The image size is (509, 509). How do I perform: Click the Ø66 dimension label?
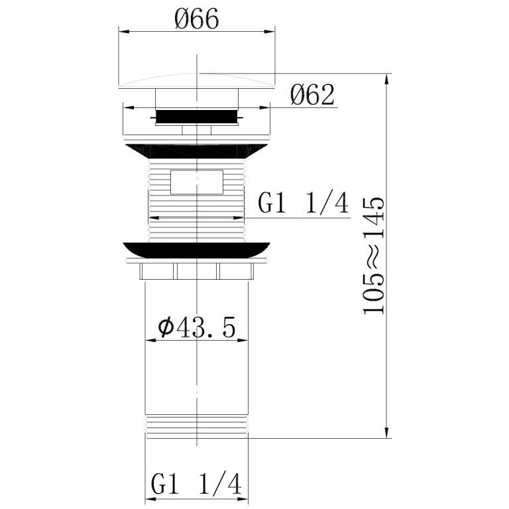[x=197, y=19]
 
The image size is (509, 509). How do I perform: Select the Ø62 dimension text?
[x=312, y=95]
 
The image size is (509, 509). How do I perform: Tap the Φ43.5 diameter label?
[x=197, y=328]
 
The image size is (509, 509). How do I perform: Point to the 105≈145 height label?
[x=374, y=256]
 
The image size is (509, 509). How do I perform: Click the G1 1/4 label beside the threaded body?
[x=303, y=203]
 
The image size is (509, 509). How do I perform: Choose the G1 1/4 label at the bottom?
[x=196, y=484]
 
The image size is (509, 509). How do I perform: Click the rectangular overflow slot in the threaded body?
[x=197, y=182]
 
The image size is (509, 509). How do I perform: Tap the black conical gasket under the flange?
[x=196, y=151]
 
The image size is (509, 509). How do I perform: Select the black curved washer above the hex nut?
[x=196, y=250]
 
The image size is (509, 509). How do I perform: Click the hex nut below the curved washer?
[x=196, y=271]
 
